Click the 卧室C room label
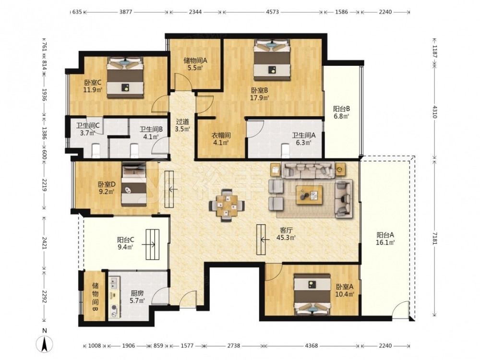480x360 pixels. pos(93,83)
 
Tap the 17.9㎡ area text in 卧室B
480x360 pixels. pos(260,98)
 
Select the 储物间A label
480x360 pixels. pos(195,60)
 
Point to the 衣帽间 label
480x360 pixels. pos(221,135)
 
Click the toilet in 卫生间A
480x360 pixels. pos(285,150)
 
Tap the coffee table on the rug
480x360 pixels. pos(309,195)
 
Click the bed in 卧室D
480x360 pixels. pos(134,184)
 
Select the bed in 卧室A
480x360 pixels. pos(312,294)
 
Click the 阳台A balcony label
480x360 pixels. pos(385,235)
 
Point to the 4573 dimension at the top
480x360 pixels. pos(272,12)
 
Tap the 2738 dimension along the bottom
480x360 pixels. pos(233,346)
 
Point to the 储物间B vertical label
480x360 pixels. pos(95,298)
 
